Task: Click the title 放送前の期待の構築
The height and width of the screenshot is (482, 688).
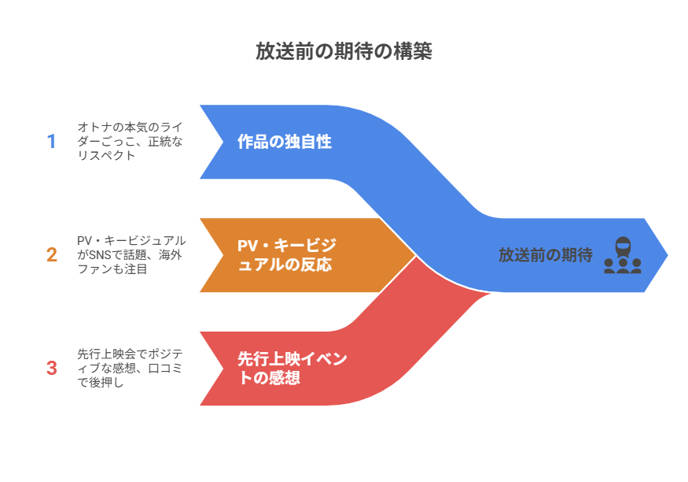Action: pos(344,51)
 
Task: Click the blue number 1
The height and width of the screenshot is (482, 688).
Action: pos(52,142)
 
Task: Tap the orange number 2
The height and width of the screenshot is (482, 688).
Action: pos(52,255)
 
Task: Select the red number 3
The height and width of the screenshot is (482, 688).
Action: pos(52,368)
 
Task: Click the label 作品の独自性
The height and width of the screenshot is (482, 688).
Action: pos(285,142)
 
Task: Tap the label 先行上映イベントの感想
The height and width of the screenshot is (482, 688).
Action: pos(292,368)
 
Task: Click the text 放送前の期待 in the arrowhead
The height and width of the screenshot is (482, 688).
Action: pos(545,255)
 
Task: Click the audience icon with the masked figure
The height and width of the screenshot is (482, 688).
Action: pos(622,255)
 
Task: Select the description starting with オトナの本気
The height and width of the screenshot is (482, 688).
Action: pos(130,141)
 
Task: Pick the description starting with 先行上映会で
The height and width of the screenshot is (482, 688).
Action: pos(130,367)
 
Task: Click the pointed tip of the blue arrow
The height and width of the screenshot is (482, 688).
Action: pos(667,255)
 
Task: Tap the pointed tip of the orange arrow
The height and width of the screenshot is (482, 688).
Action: pos(414,255)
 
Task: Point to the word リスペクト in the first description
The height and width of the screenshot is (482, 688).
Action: pos(106,155)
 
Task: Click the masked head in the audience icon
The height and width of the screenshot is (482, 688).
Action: pos(622,244)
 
